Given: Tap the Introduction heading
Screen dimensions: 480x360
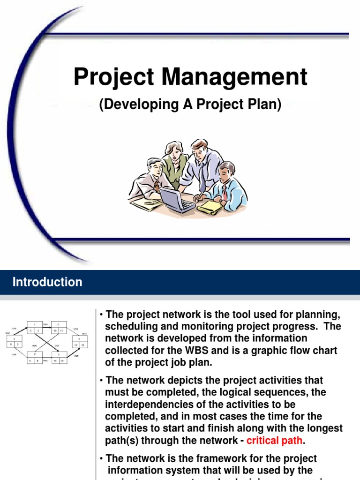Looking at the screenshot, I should point(47,282).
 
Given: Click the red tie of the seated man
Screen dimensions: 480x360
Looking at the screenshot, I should point(225,192).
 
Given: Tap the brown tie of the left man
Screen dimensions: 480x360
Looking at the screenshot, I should point(157,185).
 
